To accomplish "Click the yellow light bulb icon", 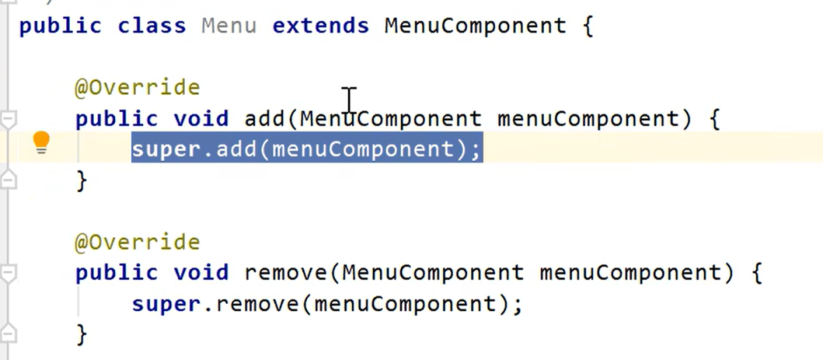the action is coord(41,144).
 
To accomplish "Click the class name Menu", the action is coord(229,26).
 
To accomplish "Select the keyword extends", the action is coord(321,26).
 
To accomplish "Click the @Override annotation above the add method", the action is coord(137,87).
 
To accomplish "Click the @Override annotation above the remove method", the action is coord(137,242).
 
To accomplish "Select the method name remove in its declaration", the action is coord(285,273).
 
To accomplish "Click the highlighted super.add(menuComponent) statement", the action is coord(306,149).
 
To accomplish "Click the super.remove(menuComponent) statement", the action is coord(327,305).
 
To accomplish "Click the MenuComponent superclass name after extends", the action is coord(475,26).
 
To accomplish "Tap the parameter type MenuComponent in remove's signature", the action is coord(432,273).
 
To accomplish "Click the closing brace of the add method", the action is coord(81,181).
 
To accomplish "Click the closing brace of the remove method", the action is coord(81,333).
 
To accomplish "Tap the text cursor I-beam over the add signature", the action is coord(349,102).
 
